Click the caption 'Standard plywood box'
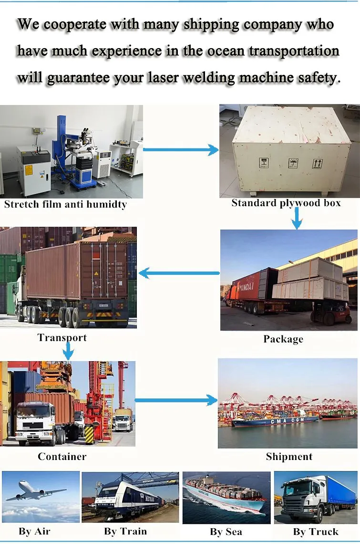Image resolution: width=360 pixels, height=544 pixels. (286, 203)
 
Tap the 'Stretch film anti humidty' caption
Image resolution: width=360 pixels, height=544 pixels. (65, 205)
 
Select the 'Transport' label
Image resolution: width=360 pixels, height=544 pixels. (62, 338)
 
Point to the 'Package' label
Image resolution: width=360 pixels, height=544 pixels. (283, 339)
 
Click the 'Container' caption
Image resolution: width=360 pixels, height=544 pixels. (62, 457)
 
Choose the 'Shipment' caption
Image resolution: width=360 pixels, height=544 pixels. (289, 457)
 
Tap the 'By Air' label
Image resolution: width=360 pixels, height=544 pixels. (34, 531)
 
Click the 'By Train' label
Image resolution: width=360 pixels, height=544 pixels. (125, 531)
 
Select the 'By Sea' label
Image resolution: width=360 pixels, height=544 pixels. (226, 532)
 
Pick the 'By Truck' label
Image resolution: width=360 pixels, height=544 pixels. (316, 532)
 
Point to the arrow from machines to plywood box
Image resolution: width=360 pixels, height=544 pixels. (180, 150)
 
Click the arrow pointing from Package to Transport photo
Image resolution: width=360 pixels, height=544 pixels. (179, 273)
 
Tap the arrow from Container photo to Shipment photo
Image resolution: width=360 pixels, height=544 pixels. (176, 400)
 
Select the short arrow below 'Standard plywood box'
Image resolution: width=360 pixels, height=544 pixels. (297, 219)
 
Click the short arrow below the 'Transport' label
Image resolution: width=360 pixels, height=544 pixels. (69, 352)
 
